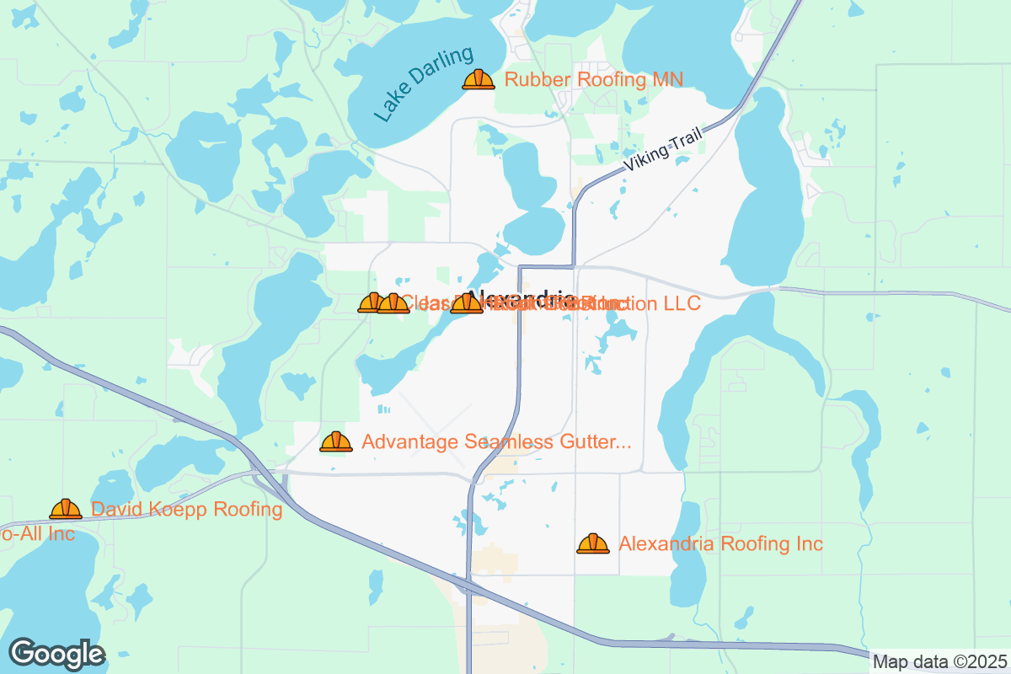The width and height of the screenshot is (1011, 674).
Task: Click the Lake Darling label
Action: [x=425, y=84]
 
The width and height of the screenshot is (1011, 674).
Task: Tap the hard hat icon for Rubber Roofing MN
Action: [x=478, y=80]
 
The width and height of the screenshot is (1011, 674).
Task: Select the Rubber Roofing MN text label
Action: [x=593, y=80]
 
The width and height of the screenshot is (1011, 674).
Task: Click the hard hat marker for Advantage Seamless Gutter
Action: [x=336, y=441]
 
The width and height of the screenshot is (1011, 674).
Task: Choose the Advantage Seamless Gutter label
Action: [x=496, y=441]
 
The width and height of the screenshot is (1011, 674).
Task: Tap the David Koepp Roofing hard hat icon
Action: [x=66, y=509]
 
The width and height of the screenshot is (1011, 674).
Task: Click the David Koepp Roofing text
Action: [x=186, y=509]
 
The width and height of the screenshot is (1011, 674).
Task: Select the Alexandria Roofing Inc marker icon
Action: [x=593, y=543]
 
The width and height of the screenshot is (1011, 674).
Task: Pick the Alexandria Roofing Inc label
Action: [x=720, y=543]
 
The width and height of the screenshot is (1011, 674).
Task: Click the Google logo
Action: [x=57, y=654]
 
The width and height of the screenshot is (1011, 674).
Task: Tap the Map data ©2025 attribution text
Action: [x=939, y=661]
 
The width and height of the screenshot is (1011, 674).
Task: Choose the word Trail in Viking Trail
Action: [x=686, y=140]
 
